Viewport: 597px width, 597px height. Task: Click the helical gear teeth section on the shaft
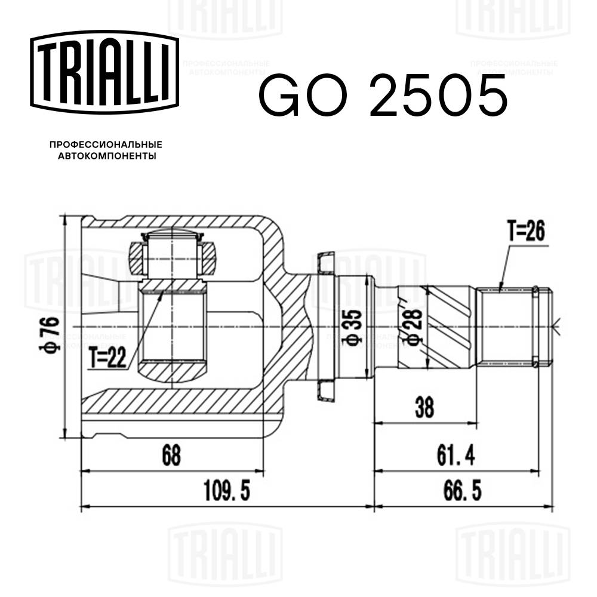point(448,325)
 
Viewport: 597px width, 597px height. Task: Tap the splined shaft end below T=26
point(507,325)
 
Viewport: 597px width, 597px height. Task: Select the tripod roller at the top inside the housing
point(172,254)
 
